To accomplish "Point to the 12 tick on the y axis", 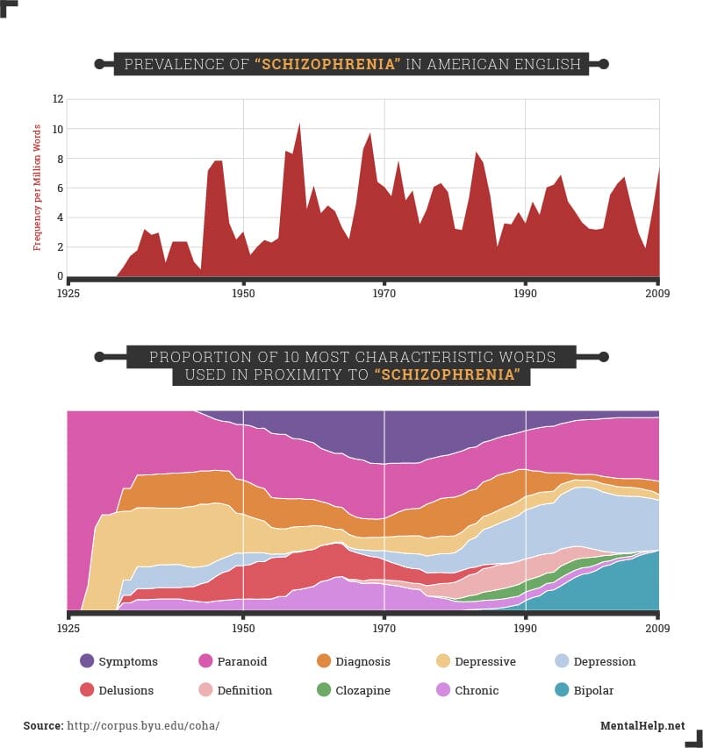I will pyautogui.click(x=58, y=99).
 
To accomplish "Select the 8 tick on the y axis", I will pyautogui.click(x=58, y=159).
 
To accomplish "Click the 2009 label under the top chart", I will pyautogui.click(x=658, y=292).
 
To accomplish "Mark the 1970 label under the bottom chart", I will pyautogui.click(x=384, y=629).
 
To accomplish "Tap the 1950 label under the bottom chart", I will pyautogui.click(x=243, y=629).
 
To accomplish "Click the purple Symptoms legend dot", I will pyautogui.click(x=87, y=661).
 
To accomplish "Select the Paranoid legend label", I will pyautogui.click(x=242, y=662).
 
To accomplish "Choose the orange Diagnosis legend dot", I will pyautogui.click(x=323, y=661).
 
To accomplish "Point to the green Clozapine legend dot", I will pyautogui.click(x=323, y=690).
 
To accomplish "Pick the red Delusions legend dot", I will pyautogui.click(x=87, y=690).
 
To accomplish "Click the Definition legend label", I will pyautogui.click(x=245, y=691).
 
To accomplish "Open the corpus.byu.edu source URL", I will pyautogui.click(x=143, y=726).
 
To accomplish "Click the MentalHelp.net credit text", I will pyautogui.click(x=642, y=726).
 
